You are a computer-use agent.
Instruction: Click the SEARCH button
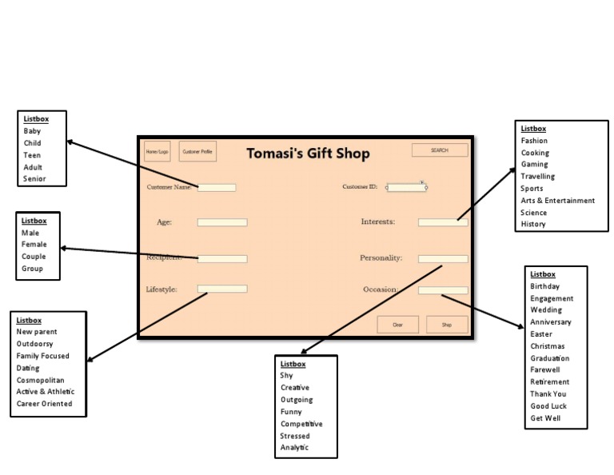[439, 150]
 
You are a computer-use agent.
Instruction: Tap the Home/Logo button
[157, 151]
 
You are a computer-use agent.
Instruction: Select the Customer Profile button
[197, 151]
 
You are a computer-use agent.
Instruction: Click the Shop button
[447, 325]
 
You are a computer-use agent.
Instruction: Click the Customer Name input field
[217, 188]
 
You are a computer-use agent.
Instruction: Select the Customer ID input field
[407, 188]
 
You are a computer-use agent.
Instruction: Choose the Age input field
[222, 222]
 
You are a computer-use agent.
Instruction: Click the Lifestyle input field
[222, 289]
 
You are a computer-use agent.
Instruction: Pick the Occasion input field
[443, 290]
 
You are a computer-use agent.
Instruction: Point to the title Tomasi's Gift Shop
[308, 154]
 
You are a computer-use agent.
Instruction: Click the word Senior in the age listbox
[34, 179]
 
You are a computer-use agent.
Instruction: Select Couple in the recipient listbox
[34, 257]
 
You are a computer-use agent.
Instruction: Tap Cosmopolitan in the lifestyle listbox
[41, 380]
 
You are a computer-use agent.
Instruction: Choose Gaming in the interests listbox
[535, 165]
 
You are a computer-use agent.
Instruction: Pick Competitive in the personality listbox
[301, 424]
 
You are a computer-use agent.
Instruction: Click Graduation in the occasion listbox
[550, 358]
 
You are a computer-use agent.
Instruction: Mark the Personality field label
[381, 258]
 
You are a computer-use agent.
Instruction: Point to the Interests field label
[378, 222]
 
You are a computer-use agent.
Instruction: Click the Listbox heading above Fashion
[533, 129]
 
